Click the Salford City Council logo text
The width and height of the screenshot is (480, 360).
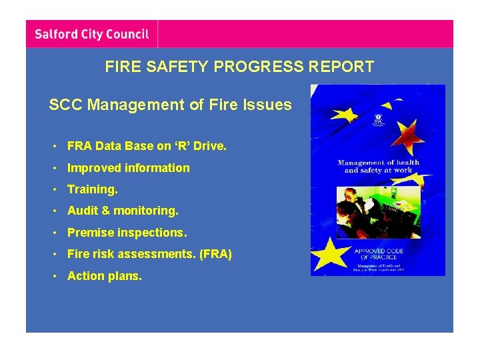click(x=91, y=33)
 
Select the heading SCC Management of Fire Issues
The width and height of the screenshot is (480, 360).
click(x=170, y=105)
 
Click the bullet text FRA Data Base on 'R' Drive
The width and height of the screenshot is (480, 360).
click(x=147, y=146)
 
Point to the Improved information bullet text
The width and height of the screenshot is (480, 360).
click(x=128, y=168)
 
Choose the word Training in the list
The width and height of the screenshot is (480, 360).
click(x=92, y=189)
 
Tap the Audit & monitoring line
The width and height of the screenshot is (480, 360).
click(x=123, y=211)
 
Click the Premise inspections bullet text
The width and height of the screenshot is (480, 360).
click(x=127, y=233)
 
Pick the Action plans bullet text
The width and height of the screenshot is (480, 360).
click(x=104, y=275)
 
